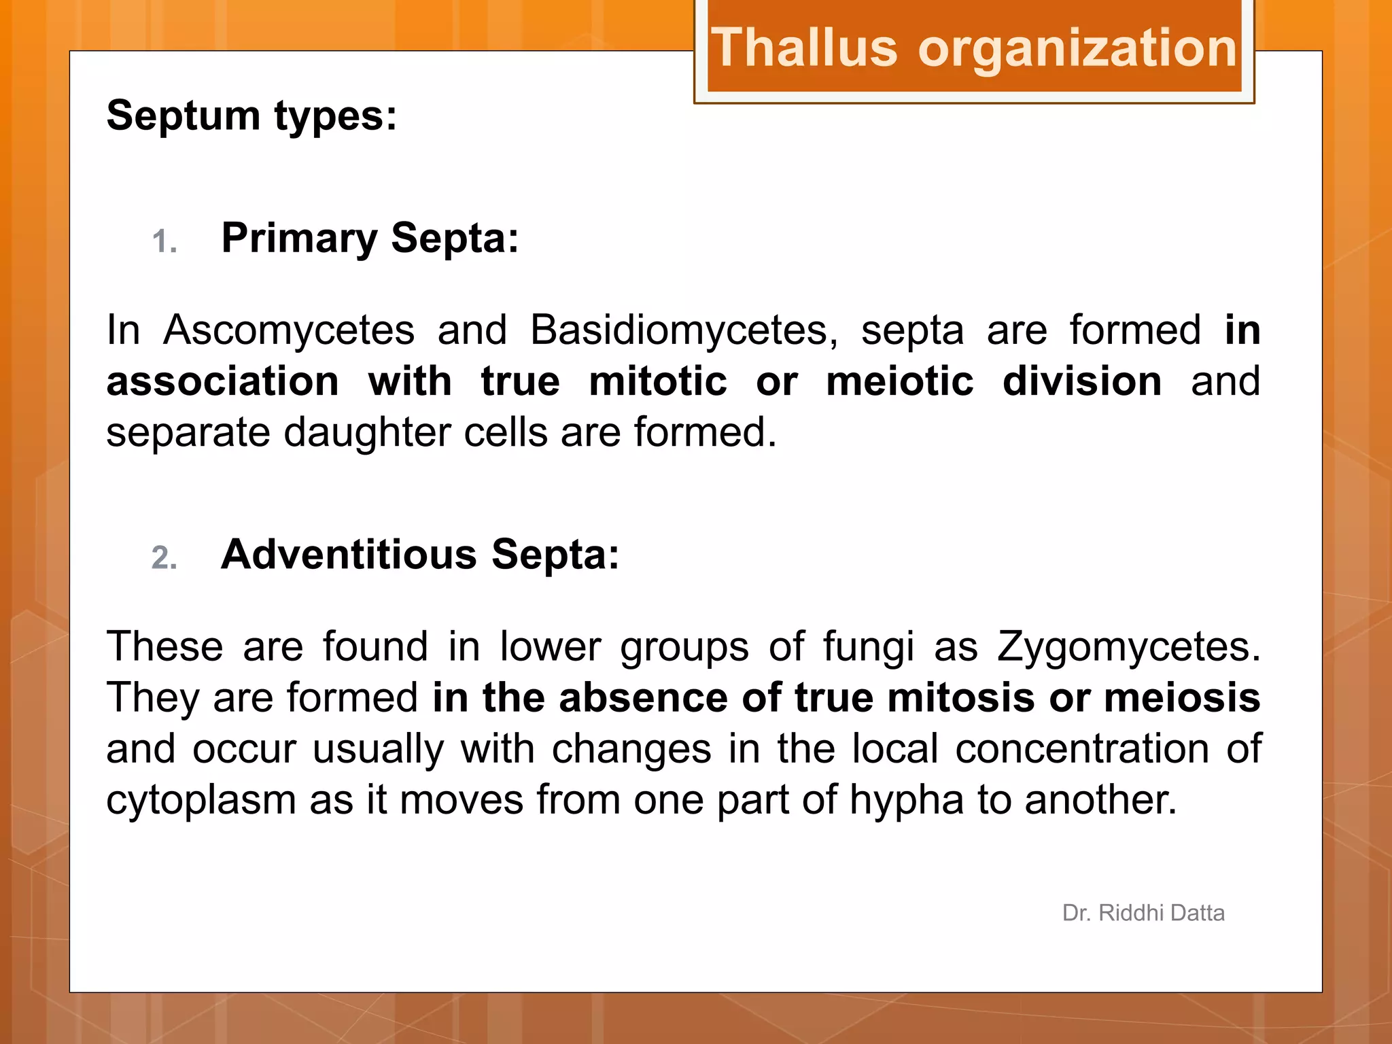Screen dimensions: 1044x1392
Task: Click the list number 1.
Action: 164,242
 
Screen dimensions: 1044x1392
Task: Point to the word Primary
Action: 299,239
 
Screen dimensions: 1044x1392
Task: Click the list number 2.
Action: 164,558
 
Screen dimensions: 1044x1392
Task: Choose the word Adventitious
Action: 349,555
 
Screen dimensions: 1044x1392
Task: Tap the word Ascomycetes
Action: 289,330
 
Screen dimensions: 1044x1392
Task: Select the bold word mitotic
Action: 658,381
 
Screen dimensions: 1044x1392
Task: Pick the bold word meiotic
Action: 899,381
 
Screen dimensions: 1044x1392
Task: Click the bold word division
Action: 1082,381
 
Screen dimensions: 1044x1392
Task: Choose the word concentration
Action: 1082,749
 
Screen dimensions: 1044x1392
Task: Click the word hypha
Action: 907,801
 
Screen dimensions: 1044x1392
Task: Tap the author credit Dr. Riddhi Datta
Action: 1143,913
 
